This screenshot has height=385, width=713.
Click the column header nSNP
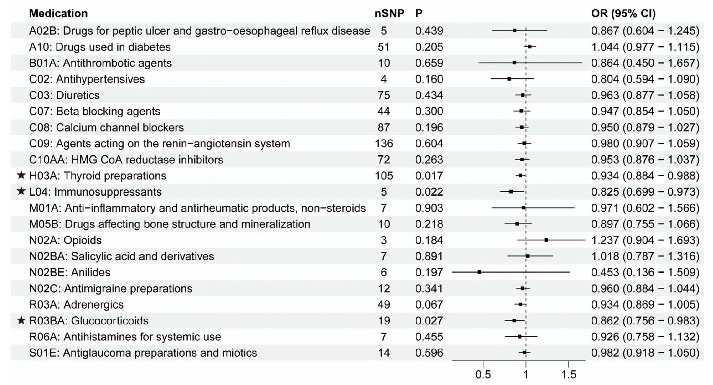pyautogui.click(x=389, y=13)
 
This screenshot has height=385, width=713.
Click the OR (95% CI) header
pyautogui.click(x=623, y=13)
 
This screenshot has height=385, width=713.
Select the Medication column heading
pyautogui.click(x=58, y=13)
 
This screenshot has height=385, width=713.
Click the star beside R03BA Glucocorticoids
pyautogui.click(x=21, y=320)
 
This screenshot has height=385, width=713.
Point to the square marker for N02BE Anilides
pyautogui.click(x=479, y=272)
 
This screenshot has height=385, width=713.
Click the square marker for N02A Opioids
pyautogui.click(x=546, y=240)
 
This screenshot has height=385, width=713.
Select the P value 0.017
pyautogui.click(x=429, y=176)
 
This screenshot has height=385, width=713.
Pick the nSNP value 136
pyautogui.click(x=384, y=143)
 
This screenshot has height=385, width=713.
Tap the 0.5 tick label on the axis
pyautogui.click(x=483, y=375)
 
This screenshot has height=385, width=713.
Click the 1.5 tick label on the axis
pyautogui.click(x=568, y=375)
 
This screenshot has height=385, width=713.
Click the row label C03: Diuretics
pyautogui.click(x=64, y=95)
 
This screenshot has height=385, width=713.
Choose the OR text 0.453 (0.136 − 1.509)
pyautogui.click(x=645, y=272)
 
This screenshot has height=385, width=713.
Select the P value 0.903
pyautogui.click(x=429, y=208)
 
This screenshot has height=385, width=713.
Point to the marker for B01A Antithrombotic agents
pyautogui.click(x=514, y=63)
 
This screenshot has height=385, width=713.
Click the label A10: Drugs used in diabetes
pyautogui.click(x=100, y=47)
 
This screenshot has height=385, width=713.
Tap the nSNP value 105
pyautogui.click(x=384, y=176)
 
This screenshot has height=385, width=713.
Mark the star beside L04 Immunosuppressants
pyautogui.click(x=21, y=191)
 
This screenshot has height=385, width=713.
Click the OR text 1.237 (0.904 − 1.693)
pyautogui.click(x=645, y=240)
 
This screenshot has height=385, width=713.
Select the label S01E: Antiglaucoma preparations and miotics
pyautogui.click(x=143, y=353)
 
